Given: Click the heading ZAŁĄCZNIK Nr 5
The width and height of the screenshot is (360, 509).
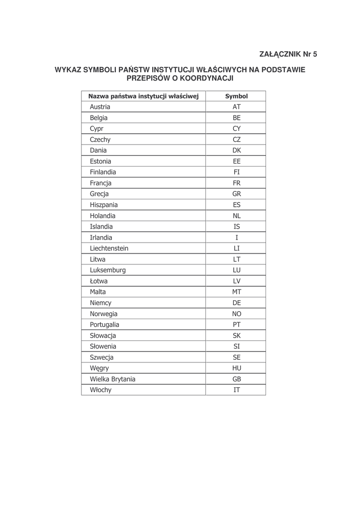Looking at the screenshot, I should (288, 54).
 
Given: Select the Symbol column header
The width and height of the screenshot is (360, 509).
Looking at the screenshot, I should (236, 96).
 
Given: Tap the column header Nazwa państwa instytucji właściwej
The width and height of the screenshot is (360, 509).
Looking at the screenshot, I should (143, 96).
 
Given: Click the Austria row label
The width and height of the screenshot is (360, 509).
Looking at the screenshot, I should (100, 107).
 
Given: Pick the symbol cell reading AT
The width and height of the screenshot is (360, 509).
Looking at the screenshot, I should (236, 107).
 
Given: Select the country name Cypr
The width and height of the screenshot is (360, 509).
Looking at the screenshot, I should (96, 129).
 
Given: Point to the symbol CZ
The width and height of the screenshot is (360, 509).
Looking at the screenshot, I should (236, 140).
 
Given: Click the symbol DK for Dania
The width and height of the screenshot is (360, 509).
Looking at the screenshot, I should (236, 150).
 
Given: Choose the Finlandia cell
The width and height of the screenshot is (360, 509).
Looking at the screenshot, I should (103, 172).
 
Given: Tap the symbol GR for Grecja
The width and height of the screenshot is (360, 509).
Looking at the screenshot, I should (236, 194).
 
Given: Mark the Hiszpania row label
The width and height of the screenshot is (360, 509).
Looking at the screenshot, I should (104, 205).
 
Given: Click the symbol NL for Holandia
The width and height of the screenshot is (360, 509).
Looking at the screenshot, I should (236, 216).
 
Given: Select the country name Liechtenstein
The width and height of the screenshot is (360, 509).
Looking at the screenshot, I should (109, 248).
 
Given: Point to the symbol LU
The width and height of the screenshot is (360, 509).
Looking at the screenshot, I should (236, 270).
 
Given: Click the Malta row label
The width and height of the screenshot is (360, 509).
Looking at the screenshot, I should (98, 292).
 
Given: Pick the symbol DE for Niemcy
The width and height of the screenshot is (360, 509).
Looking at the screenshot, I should (236, 303).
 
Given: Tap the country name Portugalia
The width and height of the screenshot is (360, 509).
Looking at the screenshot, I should (104, 325).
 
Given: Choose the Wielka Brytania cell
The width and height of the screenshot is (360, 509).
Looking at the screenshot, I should (112, 379).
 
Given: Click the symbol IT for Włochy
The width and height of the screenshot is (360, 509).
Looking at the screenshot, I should (236, 390).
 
